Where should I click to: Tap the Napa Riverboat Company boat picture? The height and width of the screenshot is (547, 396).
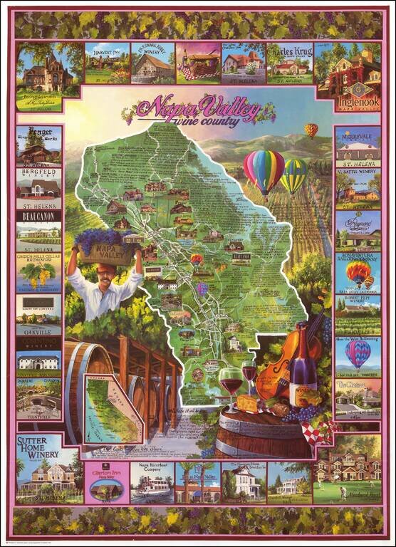point(152,484)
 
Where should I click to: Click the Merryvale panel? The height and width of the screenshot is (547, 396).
point(357,146)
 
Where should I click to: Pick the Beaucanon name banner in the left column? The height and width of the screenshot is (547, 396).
point(38,214)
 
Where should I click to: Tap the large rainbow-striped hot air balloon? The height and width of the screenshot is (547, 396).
point(264,172)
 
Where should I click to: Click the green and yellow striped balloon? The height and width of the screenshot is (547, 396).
point(293,175)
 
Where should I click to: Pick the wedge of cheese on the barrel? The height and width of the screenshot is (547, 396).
point(247,403)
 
